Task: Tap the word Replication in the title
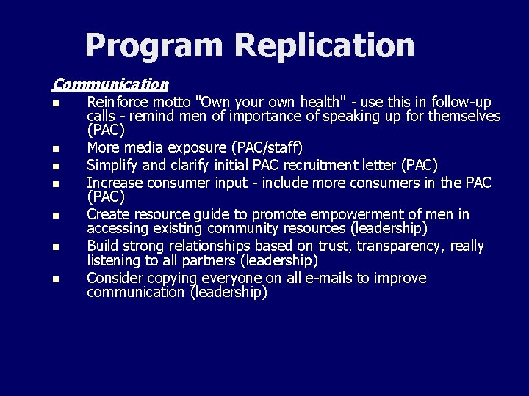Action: tap(325, 45)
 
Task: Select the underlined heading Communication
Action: tap(110, 85)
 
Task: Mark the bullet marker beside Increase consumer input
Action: tap(56, 183)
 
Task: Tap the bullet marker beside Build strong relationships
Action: tap(56, 247)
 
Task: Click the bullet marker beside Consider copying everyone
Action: tap(56, 279)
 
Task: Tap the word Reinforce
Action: tap(118, 102)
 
